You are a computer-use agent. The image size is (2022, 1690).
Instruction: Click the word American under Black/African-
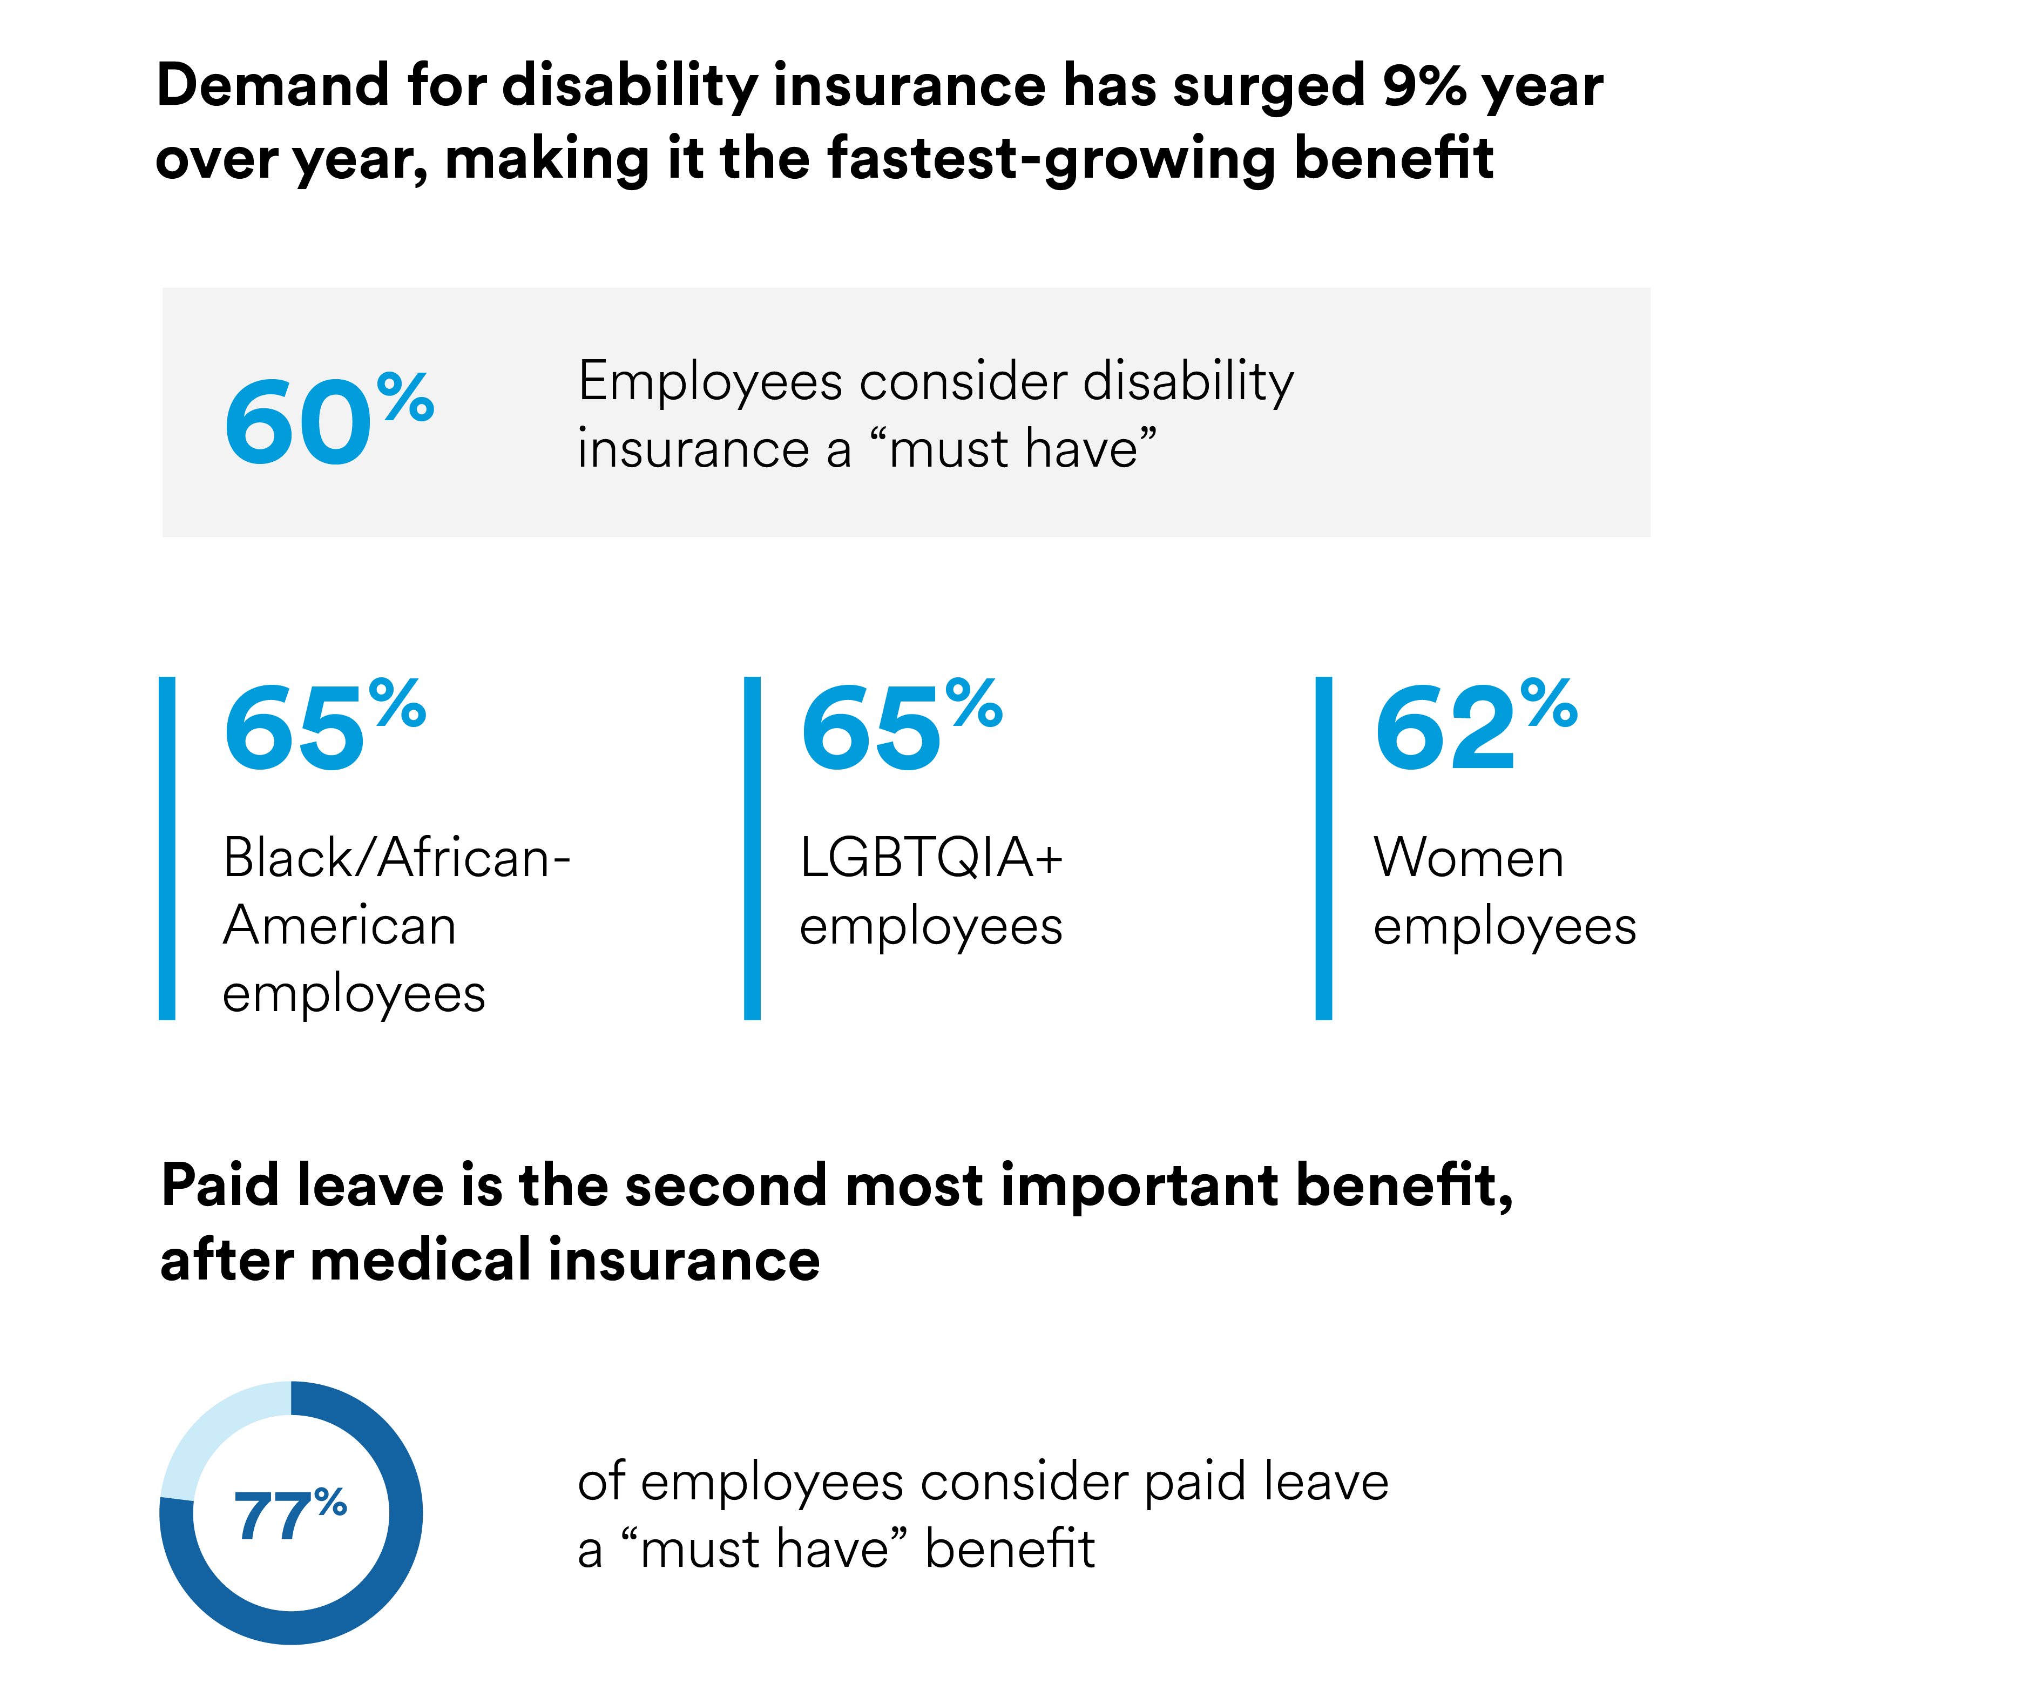click(x=339, y=926)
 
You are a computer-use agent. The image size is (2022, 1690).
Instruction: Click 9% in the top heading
click(x=1423, y=85)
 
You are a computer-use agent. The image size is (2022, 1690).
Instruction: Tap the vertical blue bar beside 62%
click(x=1324, y=847)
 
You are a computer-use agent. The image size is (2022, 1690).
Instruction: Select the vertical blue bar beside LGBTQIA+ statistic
click(x=752, y=847)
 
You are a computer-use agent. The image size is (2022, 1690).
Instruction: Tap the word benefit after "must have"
click(x=1009, y=1550)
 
